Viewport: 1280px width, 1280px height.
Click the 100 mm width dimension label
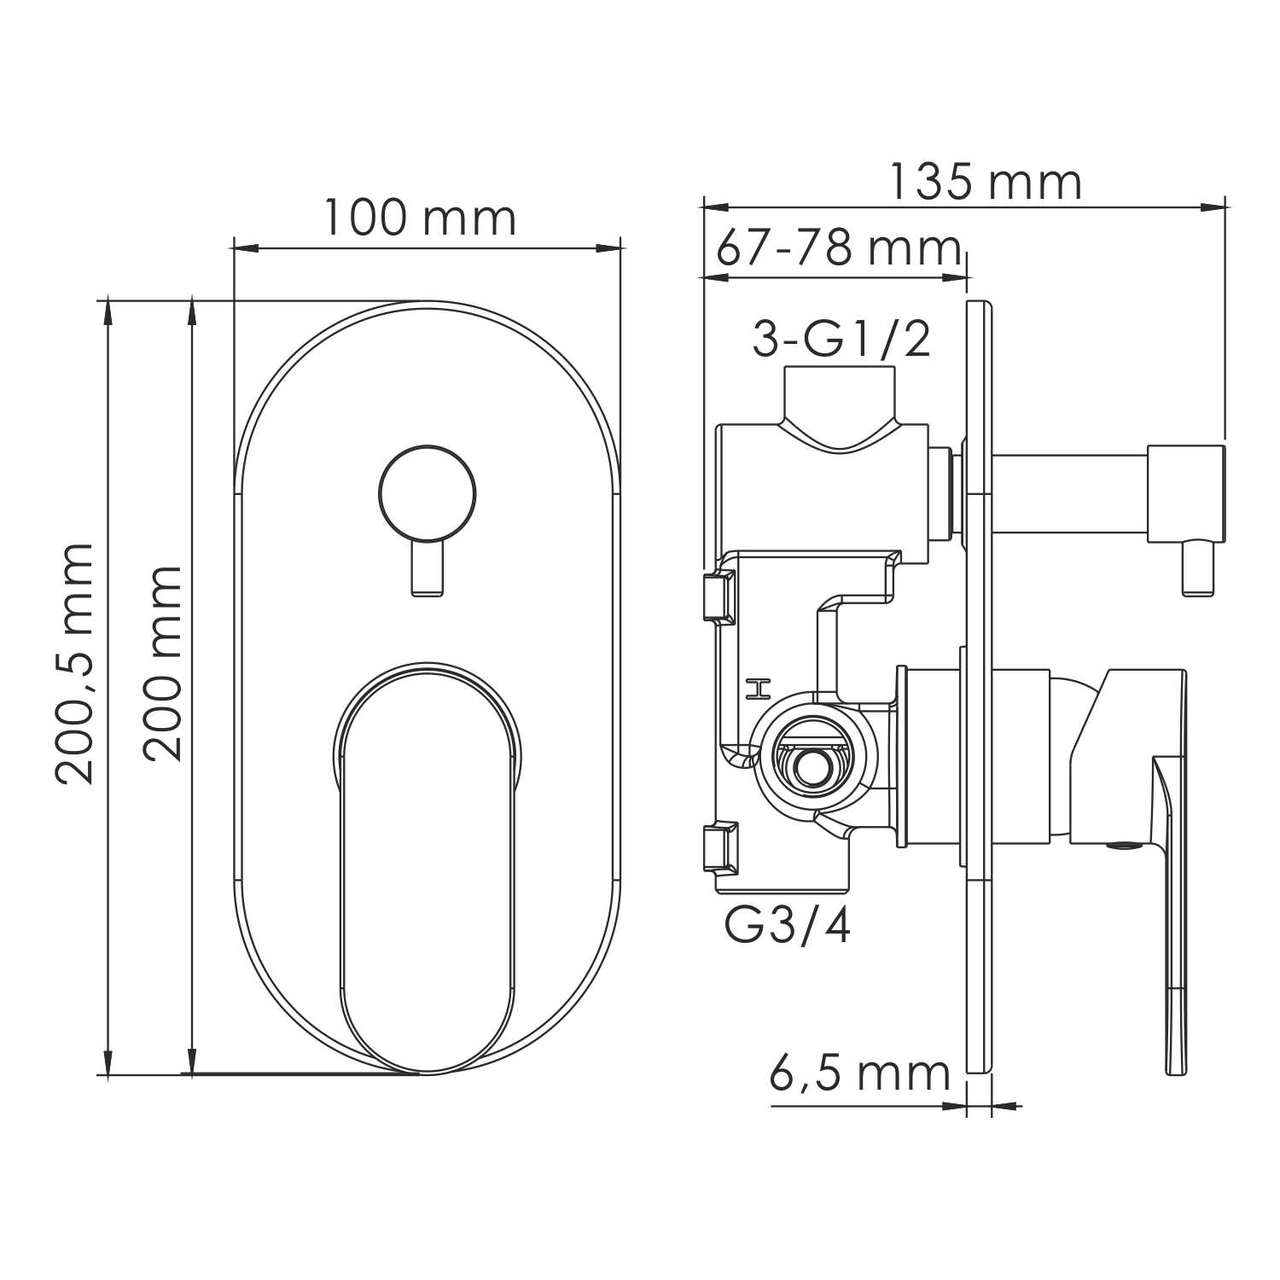click(420, 218)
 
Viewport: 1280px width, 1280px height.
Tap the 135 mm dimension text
click(986, 182)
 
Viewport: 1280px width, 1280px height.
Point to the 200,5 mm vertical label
click(73, 663)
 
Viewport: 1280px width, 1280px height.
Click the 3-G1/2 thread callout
click(841, 340)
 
